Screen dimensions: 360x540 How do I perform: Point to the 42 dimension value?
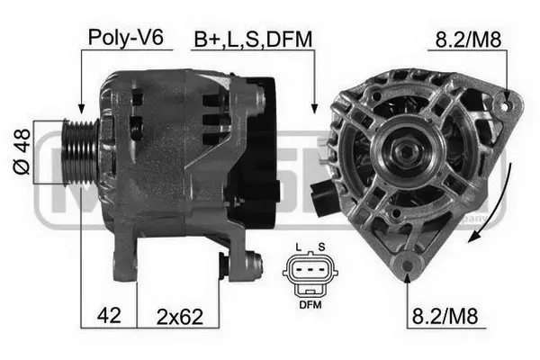[x=110, y=317]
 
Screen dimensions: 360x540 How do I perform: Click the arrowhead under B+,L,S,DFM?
[x=314, y=107]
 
